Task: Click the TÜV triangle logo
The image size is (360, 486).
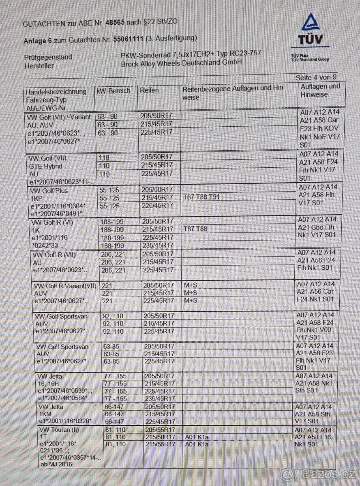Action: coord(311,23)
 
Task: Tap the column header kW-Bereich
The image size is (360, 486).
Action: coord(114,91)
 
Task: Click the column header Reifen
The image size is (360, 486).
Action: coord(149,90)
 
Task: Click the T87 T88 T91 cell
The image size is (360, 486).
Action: coord(201,197)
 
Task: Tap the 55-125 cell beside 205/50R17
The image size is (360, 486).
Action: coord(109,190)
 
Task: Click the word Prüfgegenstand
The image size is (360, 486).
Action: coord(48,57)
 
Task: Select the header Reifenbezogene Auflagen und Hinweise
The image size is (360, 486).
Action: coord(234,92)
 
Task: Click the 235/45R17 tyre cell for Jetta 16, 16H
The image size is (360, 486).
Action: coord(159,399)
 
